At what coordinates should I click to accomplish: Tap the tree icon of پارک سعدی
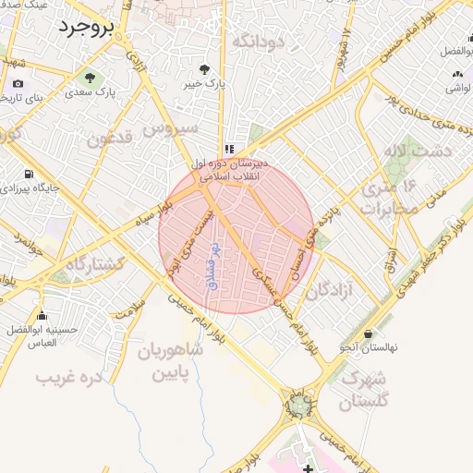point(90,77)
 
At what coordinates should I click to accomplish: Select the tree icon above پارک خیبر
point(205,69)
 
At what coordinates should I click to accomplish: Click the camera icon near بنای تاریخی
point(18,84)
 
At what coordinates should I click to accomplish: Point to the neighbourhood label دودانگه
point(255,42)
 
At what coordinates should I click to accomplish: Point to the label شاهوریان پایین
point(170,362)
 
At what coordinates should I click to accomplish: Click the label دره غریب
point(67,378)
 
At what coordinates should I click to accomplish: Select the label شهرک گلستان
point(364,389)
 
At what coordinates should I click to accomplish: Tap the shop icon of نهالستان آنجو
point(369,333)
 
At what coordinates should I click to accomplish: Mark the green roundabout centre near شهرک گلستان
point(297,405)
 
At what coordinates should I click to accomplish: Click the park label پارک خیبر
point(205,83)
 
